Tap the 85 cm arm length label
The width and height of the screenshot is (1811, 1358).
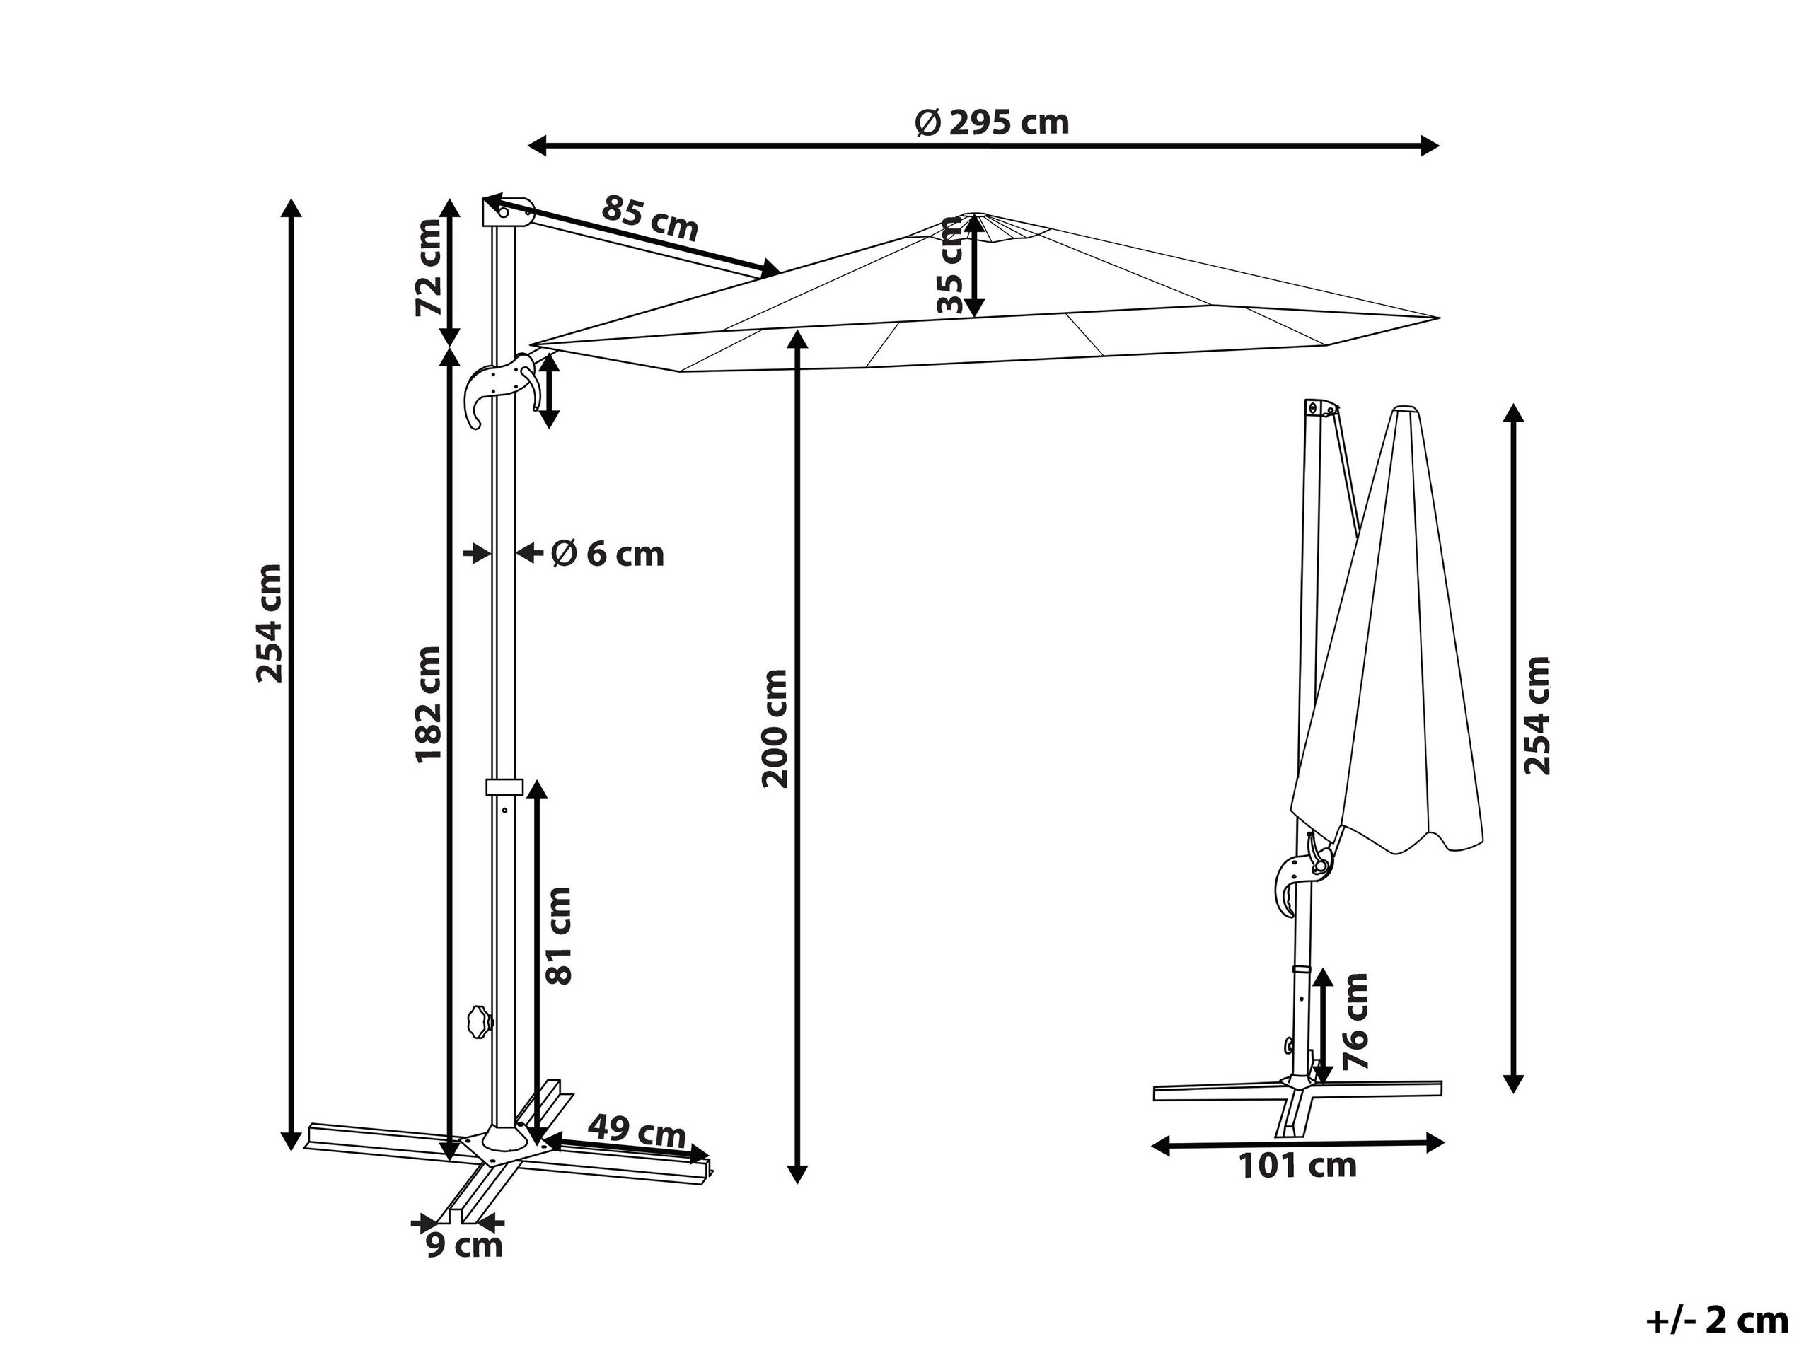(650, 218)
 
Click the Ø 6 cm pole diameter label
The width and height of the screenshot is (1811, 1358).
(607, 555)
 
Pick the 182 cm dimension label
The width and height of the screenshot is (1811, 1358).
(428, 704)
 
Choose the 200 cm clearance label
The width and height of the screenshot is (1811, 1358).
(775, 729)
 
